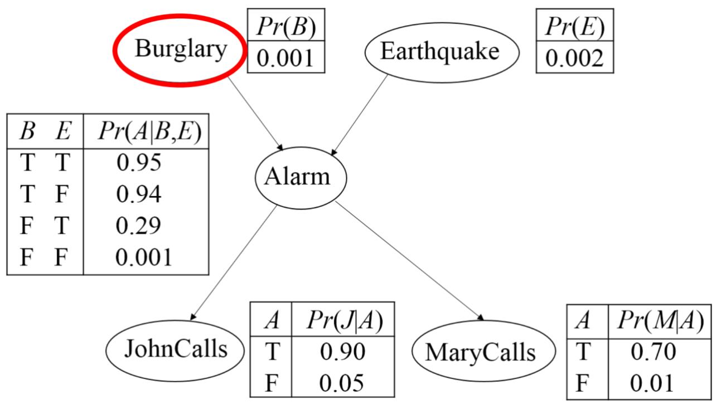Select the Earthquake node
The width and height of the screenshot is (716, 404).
pos(441,51)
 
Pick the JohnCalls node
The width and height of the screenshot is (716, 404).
pos(176,349)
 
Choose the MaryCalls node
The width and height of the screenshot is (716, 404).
pos(483,352)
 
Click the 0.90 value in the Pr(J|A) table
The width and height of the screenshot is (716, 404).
pos(342,351)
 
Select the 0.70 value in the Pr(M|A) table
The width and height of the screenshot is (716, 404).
pos(653,352)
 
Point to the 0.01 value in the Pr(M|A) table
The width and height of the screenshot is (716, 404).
pos(653,383)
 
